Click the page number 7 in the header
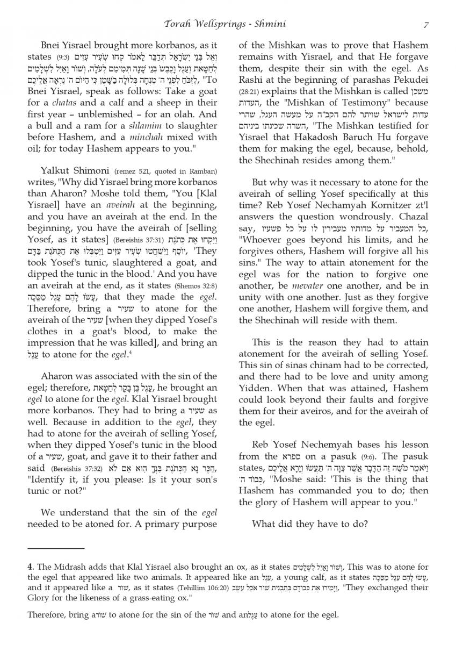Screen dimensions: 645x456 pos(425,24)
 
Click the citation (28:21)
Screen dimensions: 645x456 pos(249,90)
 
